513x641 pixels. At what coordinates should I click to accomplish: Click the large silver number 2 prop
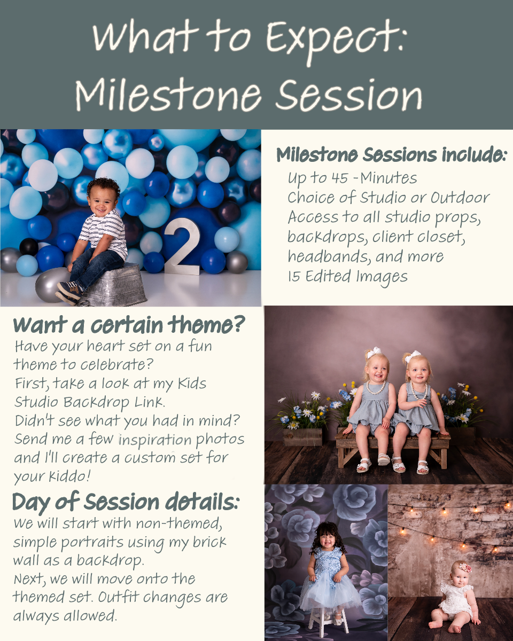tap(182, 247)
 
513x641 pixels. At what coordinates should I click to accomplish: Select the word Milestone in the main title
tap(168, 95)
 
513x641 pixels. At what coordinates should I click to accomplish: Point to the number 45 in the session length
tap(340, 178)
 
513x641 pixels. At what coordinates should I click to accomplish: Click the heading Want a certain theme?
tap(129, 325)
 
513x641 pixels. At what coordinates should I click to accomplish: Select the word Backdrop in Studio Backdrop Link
tap(96, 403)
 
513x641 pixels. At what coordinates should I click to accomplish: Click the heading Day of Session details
tap(126, 503)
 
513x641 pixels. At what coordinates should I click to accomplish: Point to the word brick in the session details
tap(209, 542)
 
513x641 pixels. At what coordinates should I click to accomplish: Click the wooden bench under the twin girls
tap(393, 448)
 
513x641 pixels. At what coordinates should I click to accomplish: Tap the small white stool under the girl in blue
tap(328, 621)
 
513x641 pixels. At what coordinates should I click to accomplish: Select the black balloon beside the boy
tap(29, 247)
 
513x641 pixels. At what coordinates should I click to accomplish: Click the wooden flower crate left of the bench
tap(303, 436)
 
